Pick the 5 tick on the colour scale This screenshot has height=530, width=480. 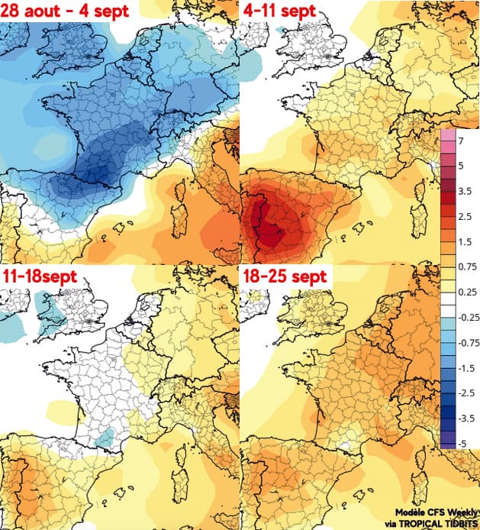461,166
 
